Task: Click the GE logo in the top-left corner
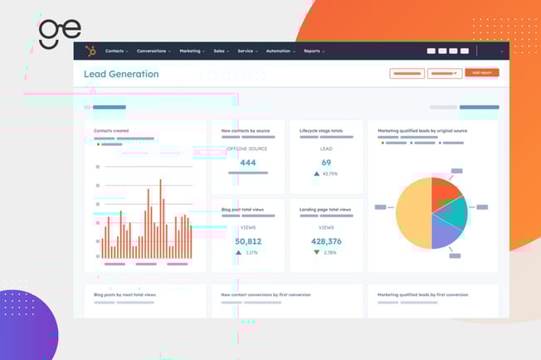(x=60, y=32)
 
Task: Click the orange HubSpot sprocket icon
(x=90, y=51)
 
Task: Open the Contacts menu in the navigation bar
(x=115, y=51)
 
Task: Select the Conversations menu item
(x=154, y=51)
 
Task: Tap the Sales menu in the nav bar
(x=221, y=51)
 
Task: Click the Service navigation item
(x=246, y=51)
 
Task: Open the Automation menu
(x=280, y=51)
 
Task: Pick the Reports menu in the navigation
(x=314, y=51)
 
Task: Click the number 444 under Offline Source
(x=247, y=163)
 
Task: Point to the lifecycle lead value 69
(x=326, y=163)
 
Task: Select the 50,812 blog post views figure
(x=247, y=241)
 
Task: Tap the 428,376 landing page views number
(x=326, y=241)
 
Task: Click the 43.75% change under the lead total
(x=330, y=174)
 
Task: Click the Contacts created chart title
(x=111, y=130)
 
